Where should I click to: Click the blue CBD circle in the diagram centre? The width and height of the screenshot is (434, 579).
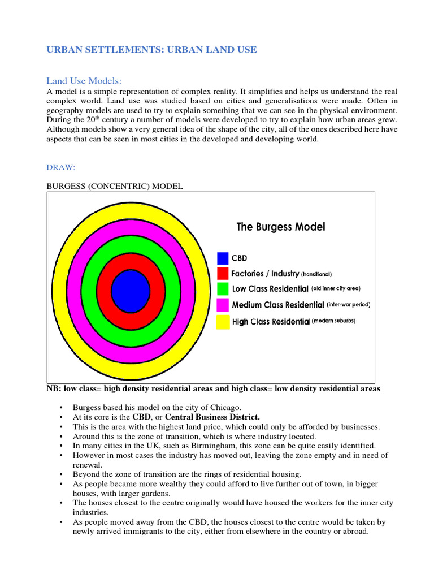click(x=131, y=291)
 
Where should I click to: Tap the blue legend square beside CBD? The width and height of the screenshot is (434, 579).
click(x=223, y=258)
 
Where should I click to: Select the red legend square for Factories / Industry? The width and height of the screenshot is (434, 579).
click(x=223, y=274)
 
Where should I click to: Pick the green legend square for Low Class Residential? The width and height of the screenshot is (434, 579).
click(x=223, y=289)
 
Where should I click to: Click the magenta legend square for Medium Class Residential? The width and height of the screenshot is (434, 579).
click(x=223, y=305)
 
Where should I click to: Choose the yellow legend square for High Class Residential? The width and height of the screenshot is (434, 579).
click(x=223, y=322)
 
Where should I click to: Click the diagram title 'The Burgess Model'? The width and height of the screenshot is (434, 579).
click(x=280, y=227)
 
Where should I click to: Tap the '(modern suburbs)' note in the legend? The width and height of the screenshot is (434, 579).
click(x=333, y=321)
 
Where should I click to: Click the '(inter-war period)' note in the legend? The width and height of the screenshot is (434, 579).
click(x=348, y=305)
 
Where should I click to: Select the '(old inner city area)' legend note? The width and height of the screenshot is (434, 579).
click(x=336, y=289)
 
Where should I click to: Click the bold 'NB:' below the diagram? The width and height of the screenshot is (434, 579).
click(x=54, y=389)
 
